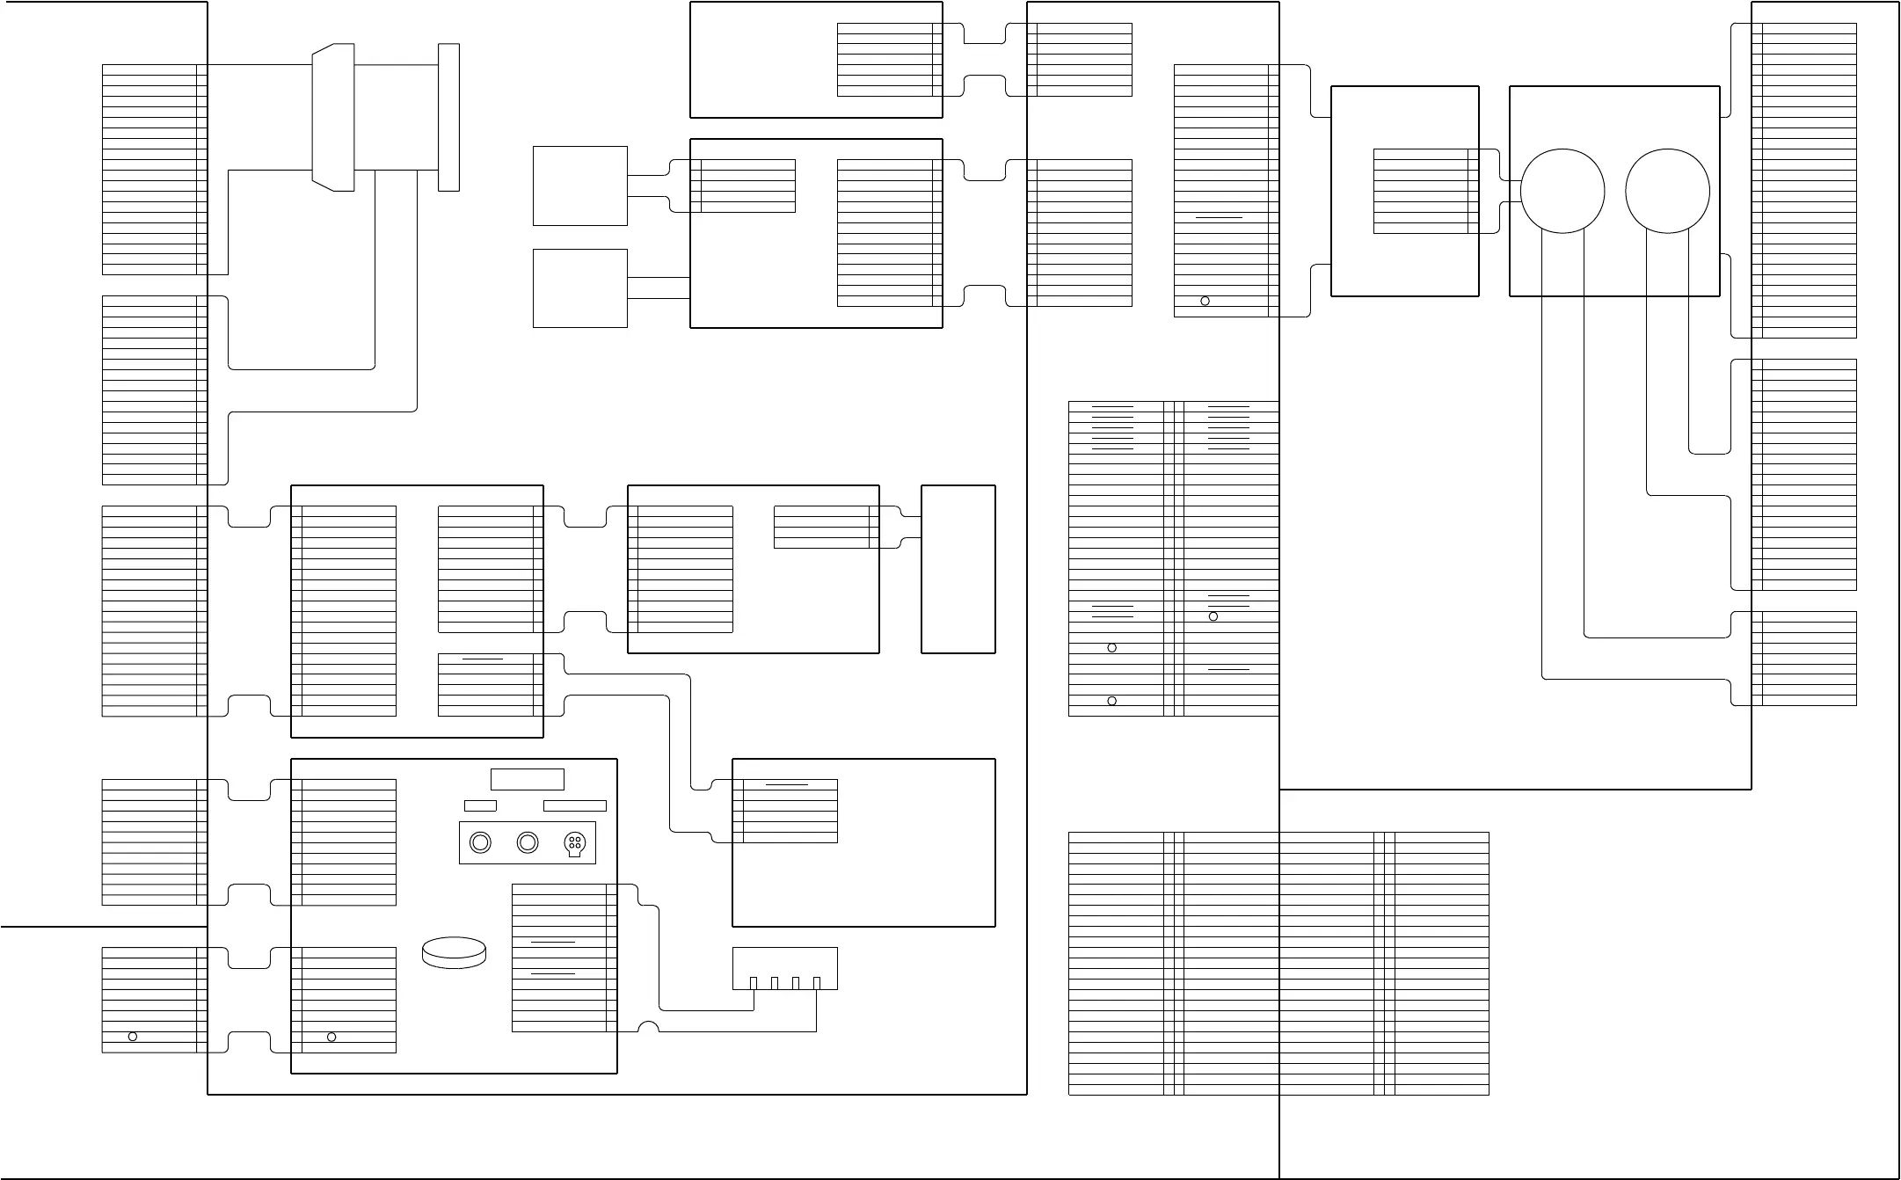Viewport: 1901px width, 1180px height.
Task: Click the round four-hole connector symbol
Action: pos(574,843)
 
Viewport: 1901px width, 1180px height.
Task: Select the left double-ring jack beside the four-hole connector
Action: pos(480,842)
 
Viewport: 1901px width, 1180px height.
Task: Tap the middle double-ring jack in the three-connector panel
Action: pos(528,842)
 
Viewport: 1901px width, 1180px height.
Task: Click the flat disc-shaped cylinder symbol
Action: pos(455,953)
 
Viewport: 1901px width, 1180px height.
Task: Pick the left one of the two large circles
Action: pos(1562,191)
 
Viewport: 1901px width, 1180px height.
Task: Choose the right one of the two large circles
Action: pos(1667,191)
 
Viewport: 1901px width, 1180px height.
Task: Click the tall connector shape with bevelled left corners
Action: pos(333,117)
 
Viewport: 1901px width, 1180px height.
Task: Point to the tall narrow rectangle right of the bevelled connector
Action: pos(448,117)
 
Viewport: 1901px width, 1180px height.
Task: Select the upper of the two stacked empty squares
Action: pos(580,186)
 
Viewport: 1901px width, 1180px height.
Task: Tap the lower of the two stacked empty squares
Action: pos(580,288)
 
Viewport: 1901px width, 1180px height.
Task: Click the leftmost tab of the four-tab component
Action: pos(754,983)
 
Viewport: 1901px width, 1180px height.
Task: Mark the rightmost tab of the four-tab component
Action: pos(817,983)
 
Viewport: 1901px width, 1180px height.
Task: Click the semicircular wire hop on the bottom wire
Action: pos(648,1027)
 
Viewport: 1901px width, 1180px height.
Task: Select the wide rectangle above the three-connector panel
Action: pos(528,779)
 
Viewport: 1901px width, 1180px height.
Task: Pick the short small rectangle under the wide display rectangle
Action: pos(480,805)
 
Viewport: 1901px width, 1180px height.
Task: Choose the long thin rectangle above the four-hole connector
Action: pos(575,805)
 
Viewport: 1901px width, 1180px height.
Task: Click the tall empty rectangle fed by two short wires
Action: pos(958,569)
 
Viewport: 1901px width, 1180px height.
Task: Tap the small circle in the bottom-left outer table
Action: pos(133,1037)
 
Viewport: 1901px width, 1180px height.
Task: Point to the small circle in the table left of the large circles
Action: pos(1205,301)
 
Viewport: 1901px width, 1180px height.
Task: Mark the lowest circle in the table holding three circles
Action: pos(1112,701)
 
